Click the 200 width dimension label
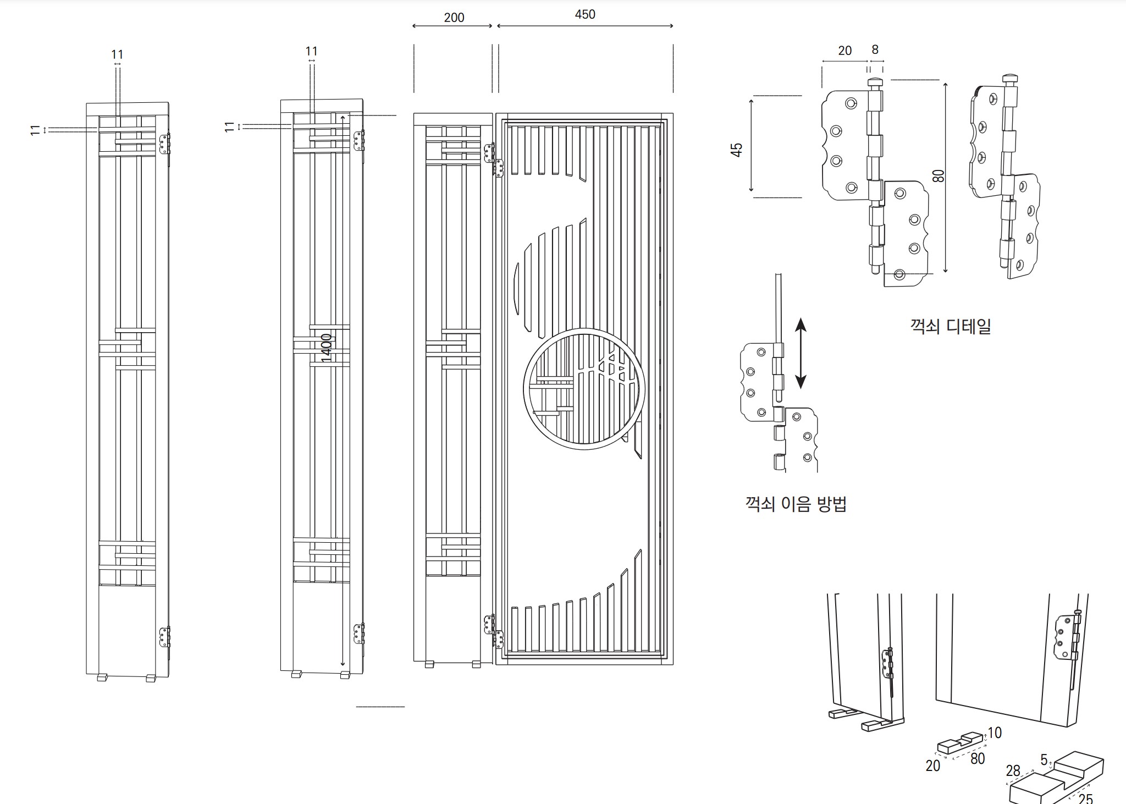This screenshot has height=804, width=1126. [454, 18]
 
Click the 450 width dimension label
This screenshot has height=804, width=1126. [585, 14]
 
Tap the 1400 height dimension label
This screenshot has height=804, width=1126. [327, 348]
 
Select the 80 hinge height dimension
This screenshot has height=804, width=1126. [939, 175]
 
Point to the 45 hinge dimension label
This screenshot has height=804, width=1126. [737, 150]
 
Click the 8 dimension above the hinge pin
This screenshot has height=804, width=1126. [875, 49]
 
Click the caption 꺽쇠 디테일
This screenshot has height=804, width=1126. [951, 326]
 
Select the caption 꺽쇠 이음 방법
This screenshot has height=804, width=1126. [796, 504]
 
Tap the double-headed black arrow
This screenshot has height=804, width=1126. [801, 353]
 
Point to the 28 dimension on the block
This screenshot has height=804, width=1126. [1013, 771]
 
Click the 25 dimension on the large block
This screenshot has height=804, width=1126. [1085, 798]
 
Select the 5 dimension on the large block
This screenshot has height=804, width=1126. [1044, 759]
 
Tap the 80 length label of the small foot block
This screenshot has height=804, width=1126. [978, 758]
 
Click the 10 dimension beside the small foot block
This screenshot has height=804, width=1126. [995, 733]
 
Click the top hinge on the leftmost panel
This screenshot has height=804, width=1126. [164, 145]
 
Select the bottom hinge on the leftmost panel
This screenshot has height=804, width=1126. [164, 637]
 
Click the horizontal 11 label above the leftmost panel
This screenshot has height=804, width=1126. [117, 54]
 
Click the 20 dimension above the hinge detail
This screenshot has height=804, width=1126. [845, 51]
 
